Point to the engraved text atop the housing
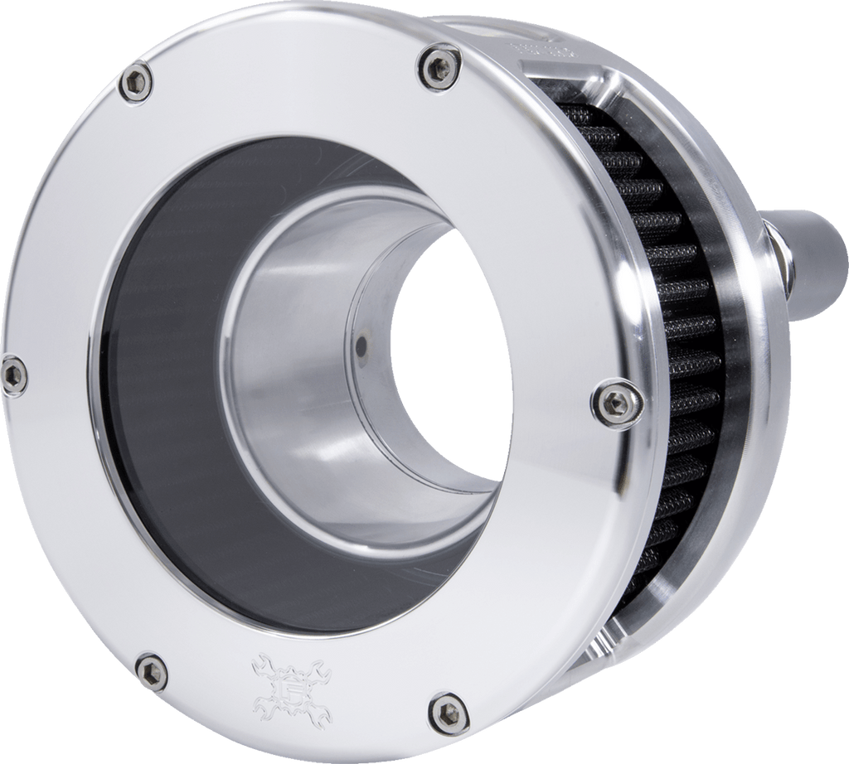[543, 50]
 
